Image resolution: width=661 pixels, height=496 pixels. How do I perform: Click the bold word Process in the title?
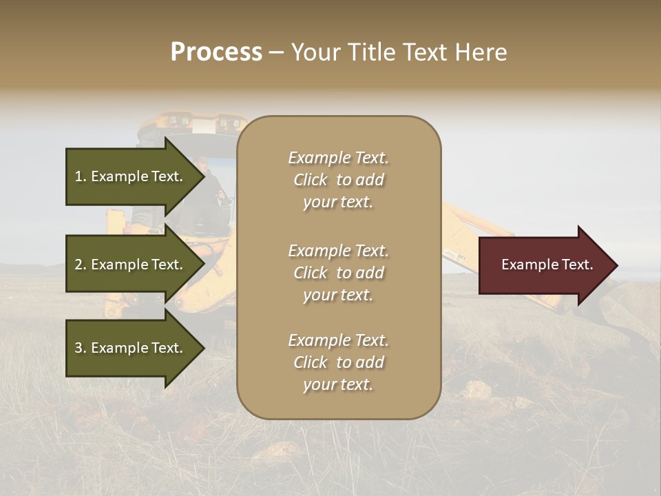pos(216,52)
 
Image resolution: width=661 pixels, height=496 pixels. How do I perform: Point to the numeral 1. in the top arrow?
pos(81,176)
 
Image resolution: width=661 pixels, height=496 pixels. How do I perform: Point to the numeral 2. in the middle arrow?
pos(81,265)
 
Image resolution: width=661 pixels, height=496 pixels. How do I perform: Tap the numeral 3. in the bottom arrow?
pos(81,348)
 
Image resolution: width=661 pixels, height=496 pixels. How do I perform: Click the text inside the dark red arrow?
pos(547,265)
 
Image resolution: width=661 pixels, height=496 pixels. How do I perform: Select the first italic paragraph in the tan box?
pos(338,180)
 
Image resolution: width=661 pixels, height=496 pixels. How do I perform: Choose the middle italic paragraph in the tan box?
pos(338,273)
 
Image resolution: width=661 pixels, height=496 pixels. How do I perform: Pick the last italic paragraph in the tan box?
pos(338,362)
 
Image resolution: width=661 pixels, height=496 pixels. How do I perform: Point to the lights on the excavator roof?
pos(200,123)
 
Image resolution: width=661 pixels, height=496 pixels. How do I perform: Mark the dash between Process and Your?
pos(277,53)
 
